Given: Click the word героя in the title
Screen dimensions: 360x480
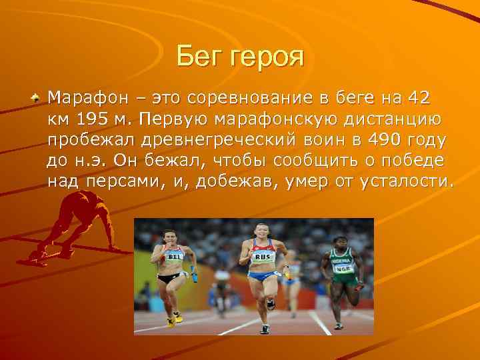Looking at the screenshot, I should pos(267,57).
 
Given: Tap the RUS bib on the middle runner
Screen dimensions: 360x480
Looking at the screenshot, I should pos(262,257).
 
